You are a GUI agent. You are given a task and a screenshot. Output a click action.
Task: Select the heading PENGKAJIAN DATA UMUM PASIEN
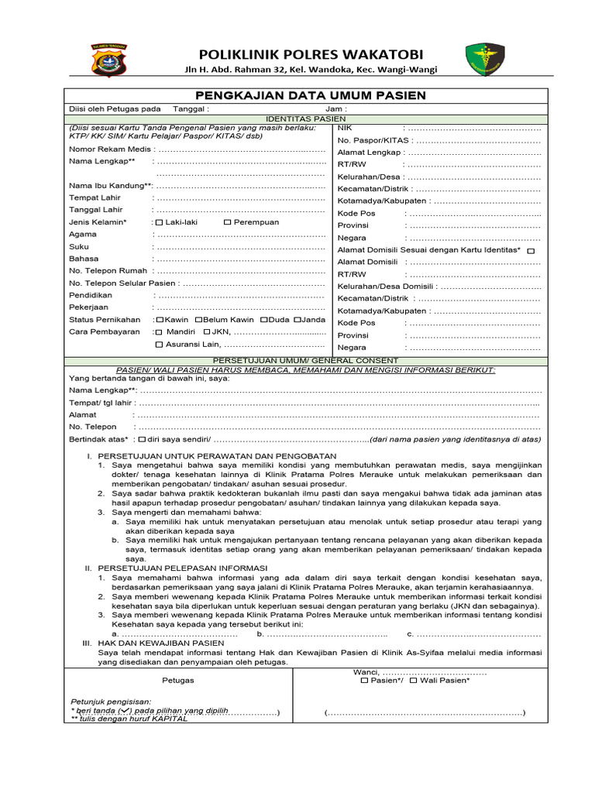pyautogui.click(x=310, y=95)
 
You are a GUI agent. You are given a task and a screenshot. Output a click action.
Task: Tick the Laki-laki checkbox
pyautogui.click(x=160, y=222)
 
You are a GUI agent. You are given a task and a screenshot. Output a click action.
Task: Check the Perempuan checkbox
pyautogui.click(x=227, y=222)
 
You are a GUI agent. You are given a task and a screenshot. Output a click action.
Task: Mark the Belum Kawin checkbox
pyautogui.click(x=199, y=320)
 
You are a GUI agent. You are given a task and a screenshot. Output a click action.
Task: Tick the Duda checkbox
pyautogui.click(x=264, y=320)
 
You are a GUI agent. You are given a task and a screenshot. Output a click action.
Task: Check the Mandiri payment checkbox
pyautogui.click(x=160, y=332)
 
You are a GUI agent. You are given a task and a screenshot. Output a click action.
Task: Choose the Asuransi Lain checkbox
pyautogui.click(x=160, y=345)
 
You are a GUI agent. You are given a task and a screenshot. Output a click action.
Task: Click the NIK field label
pyautogui.click(x=346, y=127)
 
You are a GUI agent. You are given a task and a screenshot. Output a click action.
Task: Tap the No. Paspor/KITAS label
pyautogui.click(x=373, y=140)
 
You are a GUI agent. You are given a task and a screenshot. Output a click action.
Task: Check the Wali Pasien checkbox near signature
pyautogui.click(x=413, y=681)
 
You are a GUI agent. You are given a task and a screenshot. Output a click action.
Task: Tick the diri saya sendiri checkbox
pyautogui.click(x=141, y=439)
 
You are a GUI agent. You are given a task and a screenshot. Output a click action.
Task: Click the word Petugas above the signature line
pyautogui.click(x=178, y=680)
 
